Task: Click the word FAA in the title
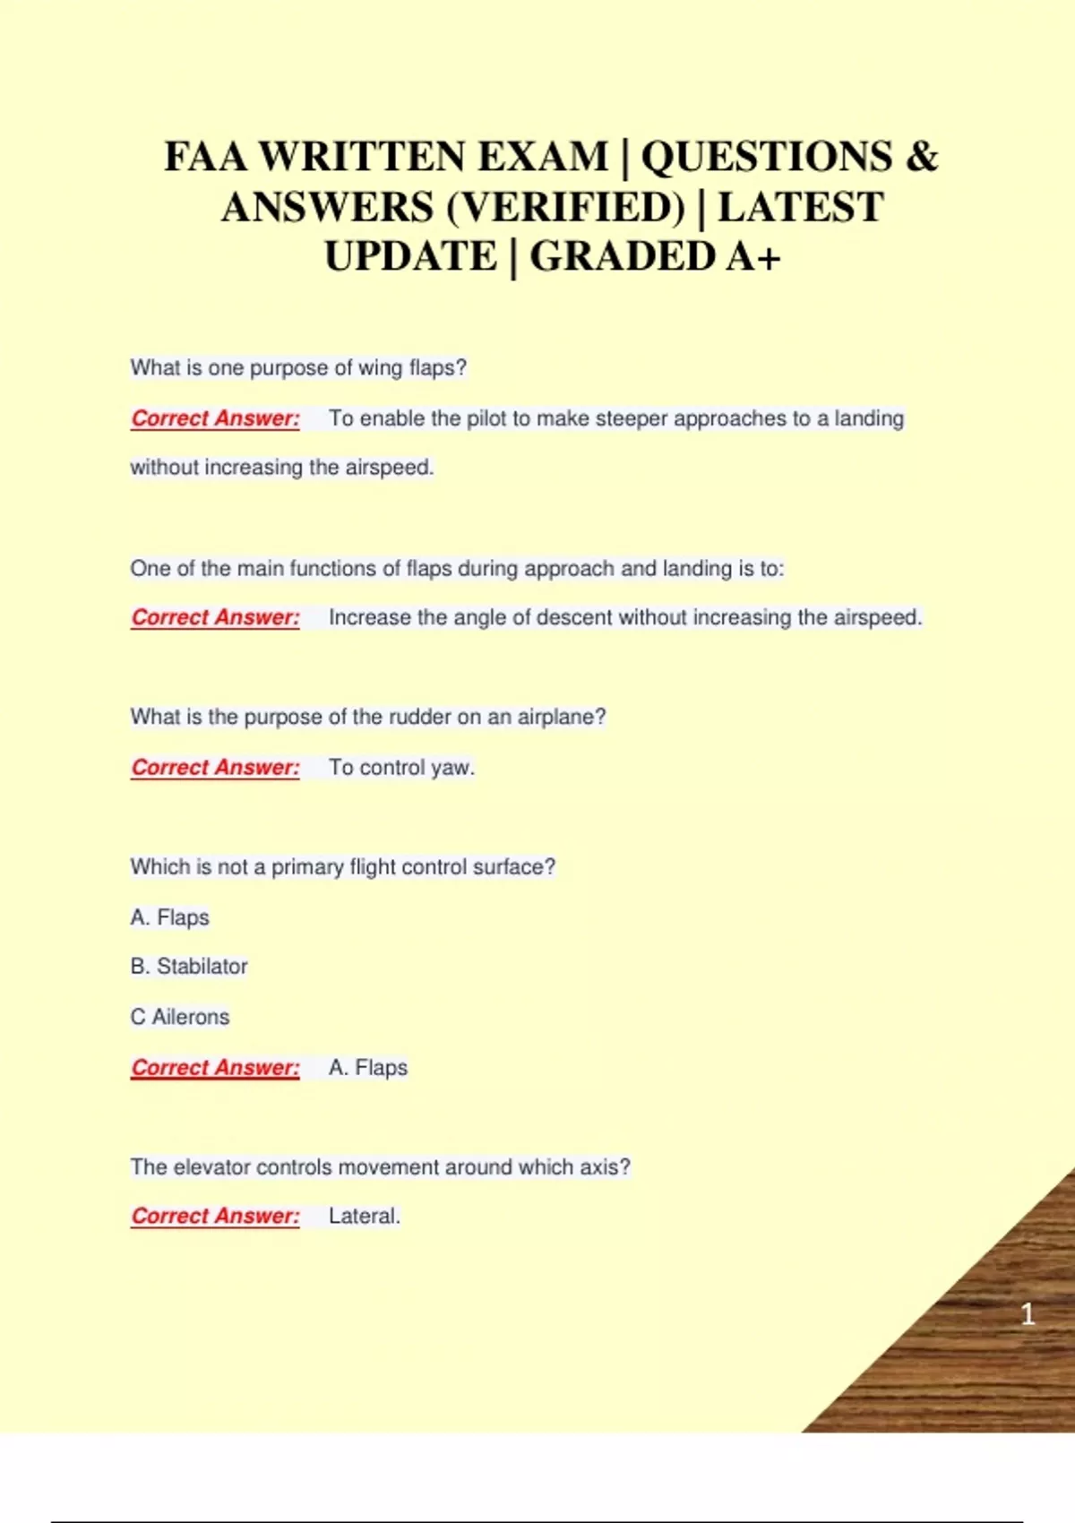tap(205, 158)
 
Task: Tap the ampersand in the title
tap(921, 158)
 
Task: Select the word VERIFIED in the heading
tap(564, 208)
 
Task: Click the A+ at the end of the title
tap(753, 257)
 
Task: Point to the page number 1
tap(1028, 1314)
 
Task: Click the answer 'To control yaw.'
tap(401, 768)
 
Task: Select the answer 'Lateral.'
tap(364, 1217)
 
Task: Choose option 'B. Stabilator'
tap(189, 967)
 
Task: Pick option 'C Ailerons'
tap(180, 1018)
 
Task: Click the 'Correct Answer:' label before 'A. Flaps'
tap(215, 1068)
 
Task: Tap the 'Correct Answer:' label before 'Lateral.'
tap(215, 1217)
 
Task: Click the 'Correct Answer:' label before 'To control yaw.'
tap(215, 768)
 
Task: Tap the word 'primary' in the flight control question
tap(307, 867)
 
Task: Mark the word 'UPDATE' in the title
tap(410, 257)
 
